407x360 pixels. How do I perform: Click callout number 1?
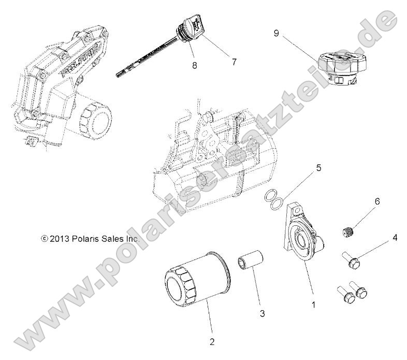[313, 305]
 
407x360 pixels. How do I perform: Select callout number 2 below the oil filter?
[212, 341]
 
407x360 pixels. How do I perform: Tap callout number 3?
[263, 313]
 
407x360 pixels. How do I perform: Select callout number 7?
[219, 62]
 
